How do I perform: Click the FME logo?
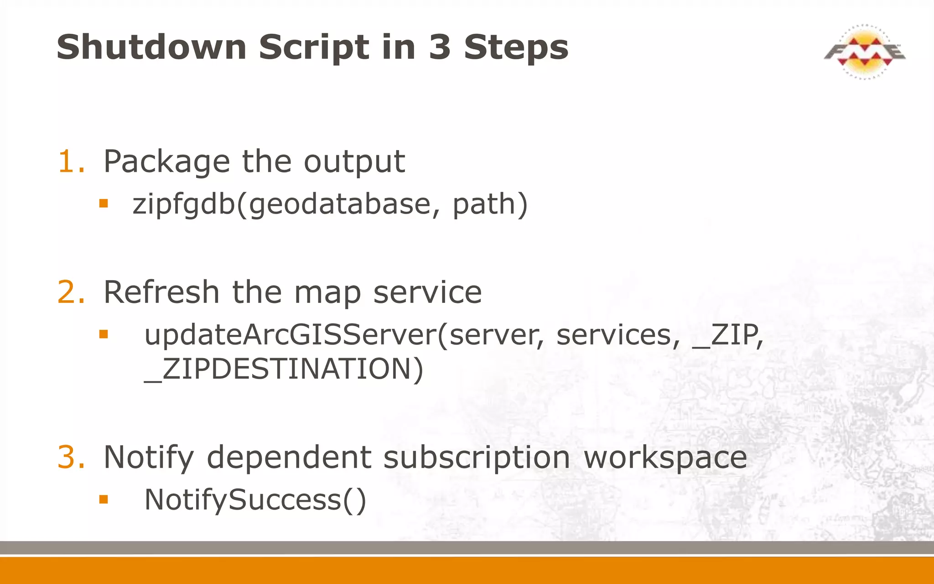click(x=864, y=52)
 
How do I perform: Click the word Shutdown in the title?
click(x=151, y=47)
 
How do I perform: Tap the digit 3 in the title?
click(x=440, y=47)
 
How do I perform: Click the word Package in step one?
click(x=166, y=162)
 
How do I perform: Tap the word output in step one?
click(x=354, y=162)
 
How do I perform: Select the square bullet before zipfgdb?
click(x=104, y=203)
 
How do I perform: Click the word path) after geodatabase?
click(x=490, y=204)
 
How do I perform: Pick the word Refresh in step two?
click(x=161, y=292)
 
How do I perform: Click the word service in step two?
click(x=427, y=292)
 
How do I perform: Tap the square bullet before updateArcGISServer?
click(x=104, y=334)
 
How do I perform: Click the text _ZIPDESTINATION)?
click(x=284, y=369)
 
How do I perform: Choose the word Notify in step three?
click(x=149, y=458)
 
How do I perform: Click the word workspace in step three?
click(x=665, y=458)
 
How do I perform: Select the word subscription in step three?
click(x=476, y=458)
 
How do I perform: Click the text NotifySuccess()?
click(x=255, y=500)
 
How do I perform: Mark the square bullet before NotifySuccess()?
click(x=104, y=499)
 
